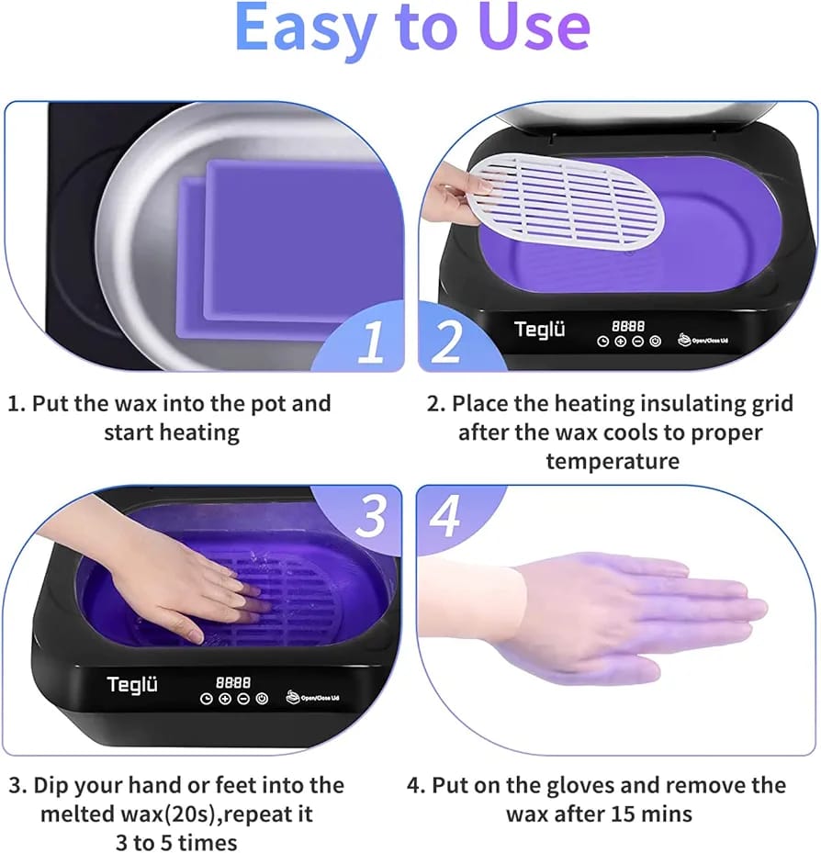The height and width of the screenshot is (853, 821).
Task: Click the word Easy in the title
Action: (306, 28)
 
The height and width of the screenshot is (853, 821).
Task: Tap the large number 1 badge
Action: (371, 342)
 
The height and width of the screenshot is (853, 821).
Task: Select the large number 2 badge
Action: (446, 341)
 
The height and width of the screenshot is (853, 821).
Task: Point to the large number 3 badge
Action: (370, 516)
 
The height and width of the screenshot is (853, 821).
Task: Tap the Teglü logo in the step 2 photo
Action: (539, 330)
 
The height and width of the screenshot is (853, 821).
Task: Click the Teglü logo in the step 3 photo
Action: (132, 685)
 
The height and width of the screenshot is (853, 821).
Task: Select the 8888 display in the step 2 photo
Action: (628, 326)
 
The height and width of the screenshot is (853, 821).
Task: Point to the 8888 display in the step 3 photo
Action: (233, 682)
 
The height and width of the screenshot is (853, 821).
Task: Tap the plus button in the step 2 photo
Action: (620, 342)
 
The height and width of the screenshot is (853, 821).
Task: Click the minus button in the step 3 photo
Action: (243, 699)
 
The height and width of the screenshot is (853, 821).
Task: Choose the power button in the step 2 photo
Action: (656, 342)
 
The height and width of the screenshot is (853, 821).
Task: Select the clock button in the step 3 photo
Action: (207, 699)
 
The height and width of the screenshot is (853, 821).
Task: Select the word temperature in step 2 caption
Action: (613, 461)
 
